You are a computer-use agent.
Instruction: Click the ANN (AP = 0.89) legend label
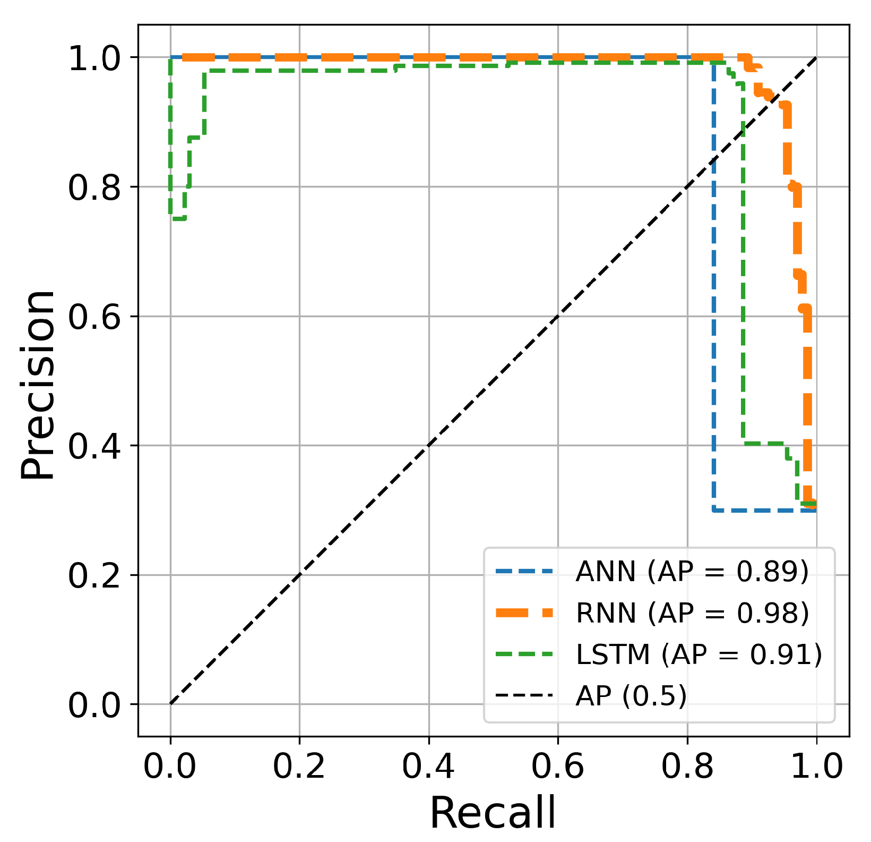(x=692, y=572)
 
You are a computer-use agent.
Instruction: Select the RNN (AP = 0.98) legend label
(x=692, y=613)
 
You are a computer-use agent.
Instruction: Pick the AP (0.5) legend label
(x=631, y=695)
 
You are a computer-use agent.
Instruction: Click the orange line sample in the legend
(x=524, y=613)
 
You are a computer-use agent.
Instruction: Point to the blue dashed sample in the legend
(x=524, y=572)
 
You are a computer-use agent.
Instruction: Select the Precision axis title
(x=38, y=385)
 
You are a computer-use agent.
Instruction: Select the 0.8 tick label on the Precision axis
(x=95, y=188)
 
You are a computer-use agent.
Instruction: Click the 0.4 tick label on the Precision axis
(x=95, y=446)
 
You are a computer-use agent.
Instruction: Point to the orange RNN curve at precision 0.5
(x=807, y=380)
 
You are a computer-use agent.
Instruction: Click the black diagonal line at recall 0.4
(x=429, y=445)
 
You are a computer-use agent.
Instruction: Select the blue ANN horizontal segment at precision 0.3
(x=764, y=510)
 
